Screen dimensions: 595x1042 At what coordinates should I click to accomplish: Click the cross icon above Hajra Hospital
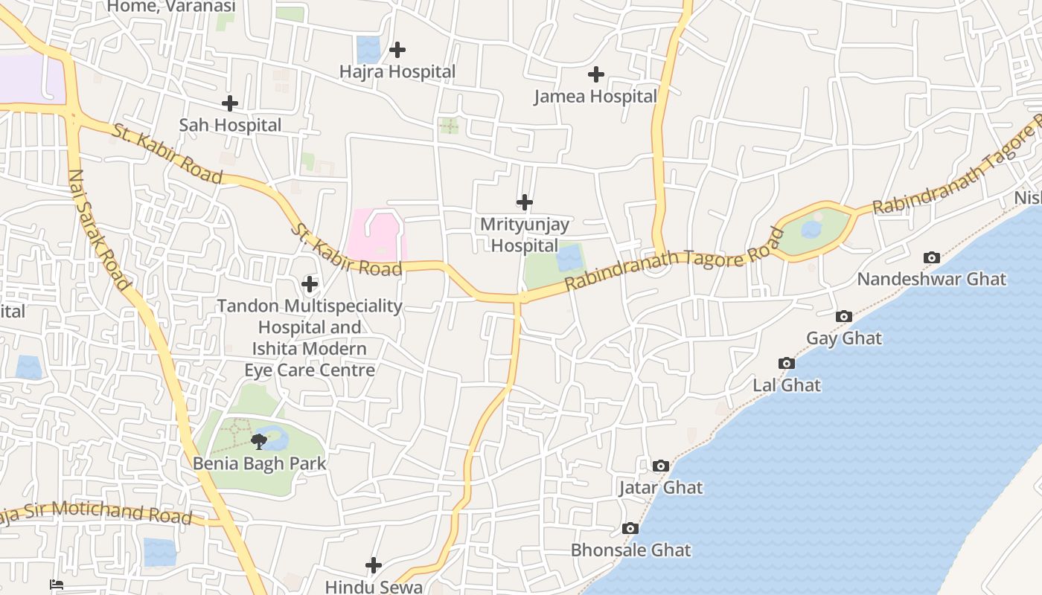[397, 50]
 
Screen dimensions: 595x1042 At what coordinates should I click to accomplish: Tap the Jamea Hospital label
[595, 96]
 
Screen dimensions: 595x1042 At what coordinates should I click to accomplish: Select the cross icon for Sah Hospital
[230, 103]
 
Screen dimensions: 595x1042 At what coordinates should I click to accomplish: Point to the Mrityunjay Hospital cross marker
[525, 202]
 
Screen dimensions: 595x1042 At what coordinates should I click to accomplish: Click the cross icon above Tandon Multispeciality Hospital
[310, 283]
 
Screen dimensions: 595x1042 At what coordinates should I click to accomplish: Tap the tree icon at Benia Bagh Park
[258, 442]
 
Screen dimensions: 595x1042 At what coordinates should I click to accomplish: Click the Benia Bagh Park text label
[259, 463]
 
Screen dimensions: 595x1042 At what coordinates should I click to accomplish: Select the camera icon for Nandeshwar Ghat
[931, 257]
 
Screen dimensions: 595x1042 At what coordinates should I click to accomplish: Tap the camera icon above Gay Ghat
[843, 316]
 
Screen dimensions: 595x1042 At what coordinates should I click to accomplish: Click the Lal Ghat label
[787, 385]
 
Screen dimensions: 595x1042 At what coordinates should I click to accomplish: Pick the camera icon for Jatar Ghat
[660, 466]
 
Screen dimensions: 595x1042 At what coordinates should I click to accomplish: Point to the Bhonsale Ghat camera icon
[630, 528]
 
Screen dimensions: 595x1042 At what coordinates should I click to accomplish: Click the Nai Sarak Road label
[98, 229]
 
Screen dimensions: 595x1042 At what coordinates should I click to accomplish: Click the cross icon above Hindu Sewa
[374, 565]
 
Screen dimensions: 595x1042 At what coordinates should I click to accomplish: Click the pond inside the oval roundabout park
[811, 229]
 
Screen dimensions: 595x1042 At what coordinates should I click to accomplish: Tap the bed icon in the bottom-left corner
[57, 585]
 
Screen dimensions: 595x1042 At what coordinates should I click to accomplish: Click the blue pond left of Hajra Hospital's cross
[368, 50]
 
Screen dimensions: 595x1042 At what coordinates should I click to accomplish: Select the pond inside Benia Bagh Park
[275, 439]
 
